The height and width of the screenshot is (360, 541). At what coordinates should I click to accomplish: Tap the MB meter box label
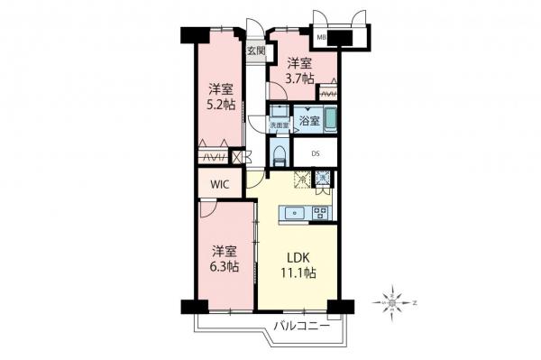[x=320, y=37]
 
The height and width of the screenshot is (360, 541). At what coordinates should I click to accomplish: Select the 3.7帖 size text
[x=301, y=78]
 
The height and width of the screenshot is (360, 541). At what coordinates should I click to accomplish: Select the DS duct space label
[x=316, y=153]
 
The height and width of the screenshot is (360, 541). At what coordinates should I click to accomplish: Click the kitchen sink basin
[x=293, y=214]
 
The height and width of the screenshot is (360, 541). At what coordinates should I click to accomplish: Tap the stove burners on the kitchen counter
[x=320, y=214]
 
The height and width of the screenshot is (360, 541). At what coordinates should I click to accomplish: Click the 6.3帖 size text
[x=225, y=267]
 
